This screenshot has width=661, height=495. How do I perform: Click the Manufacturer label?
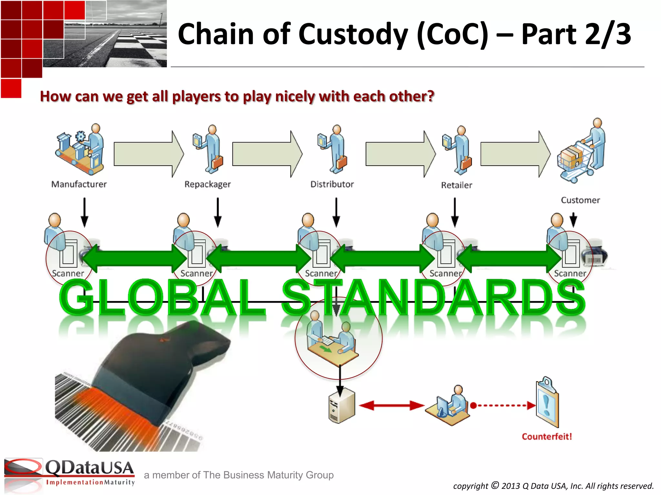79,184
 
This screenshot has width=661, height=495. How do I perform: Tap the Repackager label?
208,184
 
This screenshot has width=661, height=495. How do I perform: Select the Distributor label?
332,184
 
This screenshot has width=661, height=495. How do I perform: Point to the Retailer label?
456,185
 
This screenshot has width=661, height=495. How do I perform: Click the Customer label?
580,200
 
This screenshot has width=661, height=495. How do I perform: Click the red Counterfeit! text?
547,437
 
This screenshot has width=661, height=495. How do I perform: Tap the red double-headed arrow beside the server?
391,405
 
